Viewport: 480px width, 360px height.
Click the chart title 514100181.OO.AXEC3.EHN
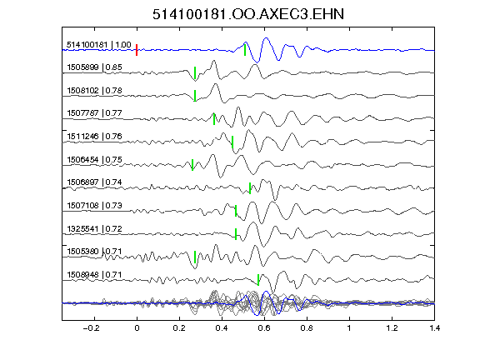pyautogui.click(x=248, y=14)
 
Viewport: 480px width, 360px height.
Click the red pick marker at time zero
pyautogui.click(x=137, y=50)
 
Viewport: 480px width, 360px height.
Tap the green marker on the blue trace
pyautogui.click(x=245, y=50)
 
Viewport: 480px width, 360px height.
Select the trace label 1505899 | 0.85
pyautogui.click(x=95, y=67)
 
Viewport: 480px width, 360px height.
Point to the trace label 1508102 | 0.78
pyautogui.click(x=95, y=91)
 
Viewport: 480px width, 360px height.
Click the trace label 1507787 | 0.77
pyautogui.click(x=95, y=113)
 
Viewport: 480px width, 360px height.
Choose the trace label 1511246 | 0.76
pyautogui.click(x=95, y=136)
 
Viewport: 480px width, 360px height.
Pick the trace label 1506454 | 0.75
pyautogui.click(x=95, y=160)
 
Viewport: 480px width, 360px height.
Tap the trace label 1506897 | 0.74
pyautogui.click(x=95, y=182)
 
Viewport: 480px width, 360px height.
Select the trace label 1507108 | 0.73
pyautogui.click(x=95, y=205)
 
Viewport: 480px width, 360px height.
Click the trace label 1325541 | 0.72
pyautogui.click(x=95, y=229)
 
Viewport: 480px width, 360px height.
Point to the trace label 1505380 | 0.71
pyautogui.click(x=95, y=252)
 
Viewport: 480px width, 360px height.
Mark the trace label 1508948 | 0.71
pyautogui.click(x=95, y=275)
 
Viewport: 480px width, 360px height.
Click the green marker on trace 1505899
pyautogui.click(x=195, y=72)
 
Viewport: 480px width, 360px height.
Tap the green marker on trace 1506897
pyautogui.click(x=250, y=188)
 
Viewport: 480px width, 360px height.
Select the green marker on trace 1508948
pyautogui.click(x=258, y=280)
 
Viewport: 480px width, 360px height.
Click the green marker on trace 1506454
pyautogui.click(x=192, y=165)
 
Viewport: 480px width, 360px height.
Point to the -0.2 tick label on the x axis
pyautogui.click(x=91, y=328)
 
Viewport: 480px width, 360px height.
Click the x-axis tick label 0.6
pyautogui.click(x=264, y=328)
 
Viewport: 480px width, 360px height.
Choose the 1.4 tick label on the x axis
pyautogui.click(x=435, y=328)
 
